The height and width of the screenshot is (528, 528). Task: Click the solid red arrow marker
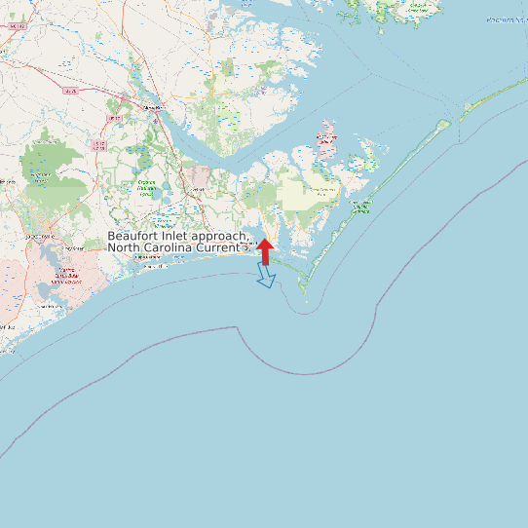pyautogui.click(x=265, y=249)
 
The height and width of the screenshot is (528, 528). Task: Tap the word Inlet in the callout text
pyautogui.click(x=172, y=237)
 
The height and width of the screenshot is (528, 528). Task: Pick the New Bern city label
pyautogui.click(x=150, y=106)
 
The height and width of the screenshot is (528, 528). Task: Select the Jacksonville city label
pyautogui.click(x=40, y=237)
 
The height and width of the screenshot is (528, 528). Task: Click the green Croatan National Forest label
pyautogui.click(x=147, y=188)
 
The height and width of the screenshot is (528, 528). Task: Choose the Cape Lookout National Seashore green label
pyautogui.click(x=360, y=206)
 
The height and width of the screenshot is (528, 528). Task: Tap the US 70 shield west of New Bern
pyautogui.click(x=70, y=92)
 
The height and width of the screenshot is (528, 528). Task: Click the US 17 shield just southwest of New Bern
pyautogui.click(x=115, y=119)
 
